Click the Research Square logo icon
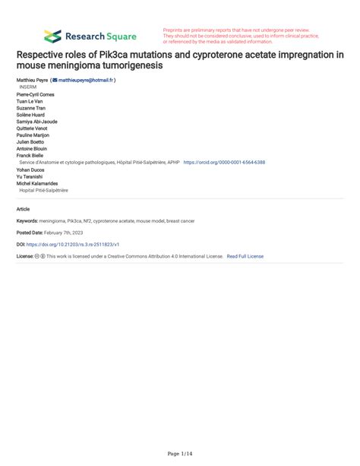(x=52, y=36)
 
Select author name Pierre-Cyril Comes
(x=36, y=94)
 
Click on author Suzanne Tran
(x=30, y=107)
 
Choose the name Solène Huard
(x=30, y=114)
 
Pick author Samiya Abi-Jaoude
(x=36, y=121)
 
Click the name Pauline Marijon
(x=33, y=135)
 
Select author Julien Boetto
(x=31, y=141)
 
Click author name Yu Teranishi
(x=29, y=176)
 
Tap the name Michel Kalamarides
(x=38, y=182)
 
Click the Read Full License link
(x=245, y=256)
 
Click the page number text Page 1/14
(x=179, y=453)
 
